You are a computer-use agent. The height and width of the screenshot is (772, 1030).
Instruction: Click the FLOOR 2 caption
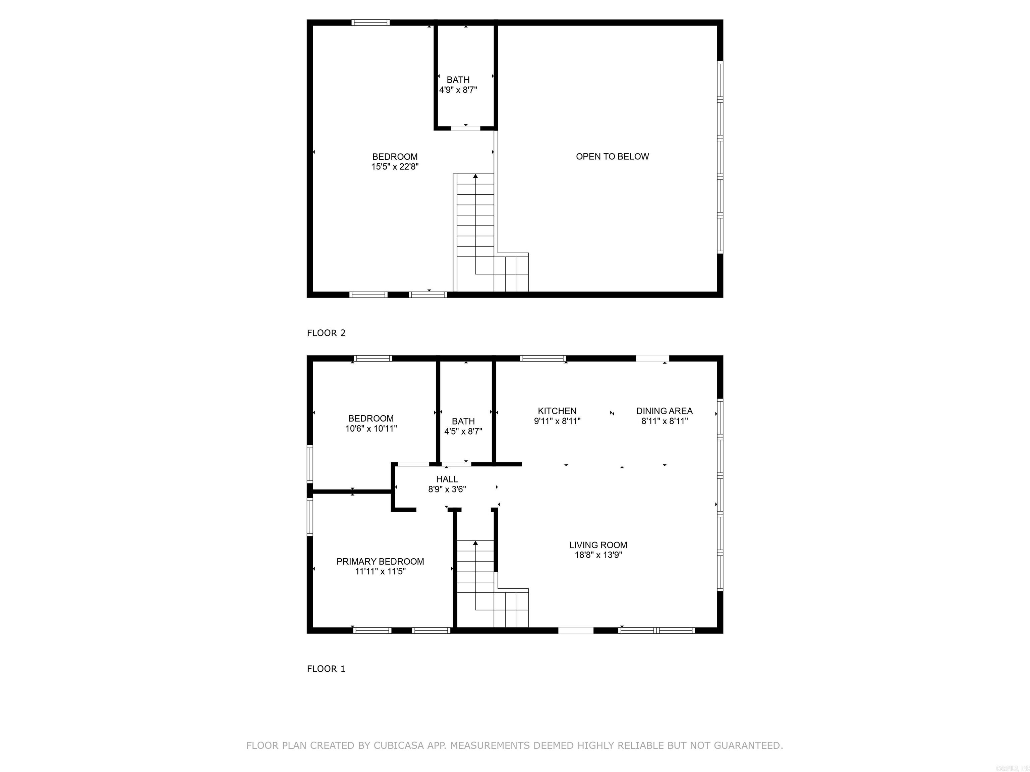click(x=326, y=333)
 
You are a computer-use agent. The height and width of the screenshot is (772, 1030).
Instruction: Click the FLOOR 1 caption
click(x=326, y=669)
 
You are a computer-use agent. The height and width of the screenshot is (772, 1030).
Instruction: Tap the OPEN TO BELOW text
click(x=612, y=156)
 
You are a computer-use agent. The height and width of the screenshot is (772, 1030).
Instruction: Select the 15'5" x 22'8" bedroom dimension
click(x=395, y=167)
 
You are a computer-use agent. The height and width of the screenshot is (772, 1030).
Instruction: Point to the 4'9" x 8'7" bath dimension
click(x=458, y=90)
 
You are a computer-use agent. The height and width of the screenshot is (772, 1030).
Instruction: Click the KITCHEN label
click(x=557, y=411)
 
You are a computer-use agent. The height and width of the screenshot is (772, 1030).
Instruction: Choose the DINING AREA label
click(x=664, y=411)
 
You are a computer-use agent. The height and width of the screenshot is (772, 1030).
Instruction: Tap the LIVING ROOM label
click(x=598, y=545)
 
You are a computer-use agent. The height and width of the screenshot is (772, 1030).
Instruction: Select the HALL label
click(x=447, y=479)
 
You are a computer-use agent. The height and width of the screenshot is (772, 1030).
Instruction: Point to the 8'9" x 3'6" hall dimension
click(x=447, y=489)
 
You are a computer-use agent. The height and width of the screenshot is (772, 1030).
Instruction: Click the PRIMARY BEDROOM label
click(x=380, y=561)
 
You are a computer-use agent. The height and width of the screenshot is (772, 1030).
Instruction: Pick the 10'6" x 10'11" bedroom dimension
click(x=370, y=429)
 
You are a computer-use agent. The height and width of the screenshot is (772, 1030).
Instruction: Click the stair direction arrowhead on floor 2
click(x=475, y=176)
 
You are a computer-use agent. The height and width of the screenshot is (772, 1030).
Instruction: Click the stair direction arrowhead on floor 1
click(x=475, y=542)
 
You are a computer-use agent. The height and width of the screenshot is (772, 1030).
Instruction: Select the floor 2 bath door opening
click(x=466, y=128)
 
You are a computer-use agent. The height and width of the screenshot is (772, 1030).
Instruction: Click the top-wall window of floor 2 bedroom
click(x=370, y=22)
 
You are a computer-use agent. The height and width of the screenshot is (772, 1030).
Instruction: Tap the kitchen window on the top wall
click(x=542, y=358)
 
